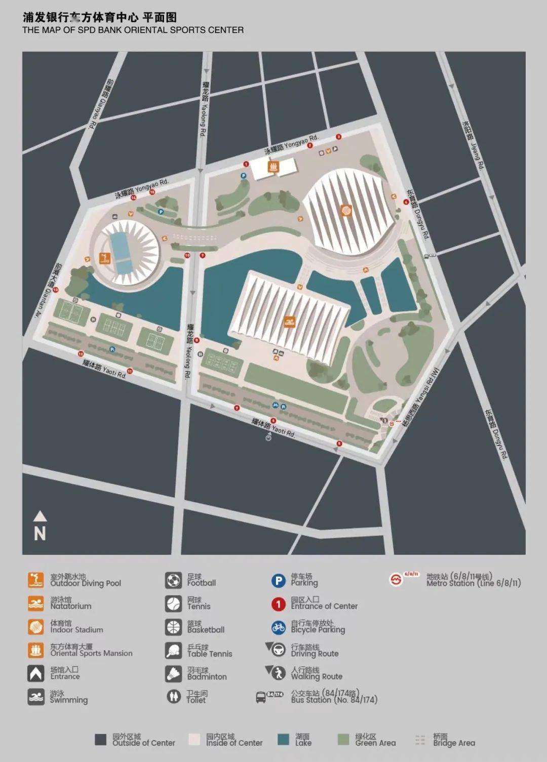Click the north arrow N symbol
coord(40,527)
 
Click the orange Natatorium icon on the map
coord(289,323)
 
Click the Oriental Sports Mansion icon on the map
coord(273,166)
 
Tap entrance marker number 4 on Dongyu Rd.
coord(406,202)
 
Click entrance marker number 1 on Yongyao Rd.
coord(246,164)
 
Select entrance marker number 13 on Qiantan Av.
coord(56,290)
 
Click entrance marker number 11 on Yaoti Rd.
coord(130,371)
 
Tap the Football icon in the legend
coord(173,580)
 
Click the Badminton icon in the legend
coord(173,673)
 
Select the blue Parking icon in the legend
coord(278,580)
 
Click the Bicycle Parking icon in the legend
coord(278,627)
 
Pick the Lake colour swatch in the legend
coord(284,740)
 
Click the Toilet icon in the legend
coord(173,697)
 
